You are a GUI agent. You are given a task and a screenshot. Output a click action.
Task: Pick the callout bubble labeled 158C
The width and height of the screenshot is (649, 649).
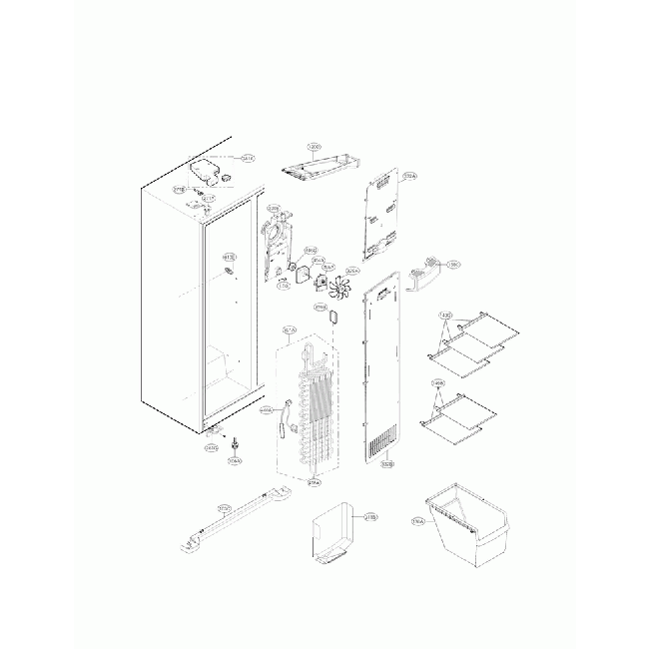[452, 266]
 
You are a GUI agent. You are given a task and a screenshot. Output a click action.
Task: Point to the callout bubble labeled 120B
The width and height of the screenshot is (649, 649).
[315, 147]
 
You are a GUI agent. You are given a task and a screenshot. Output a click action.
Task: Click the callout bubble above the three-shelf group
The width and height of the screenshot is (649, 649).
[446, 316]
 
